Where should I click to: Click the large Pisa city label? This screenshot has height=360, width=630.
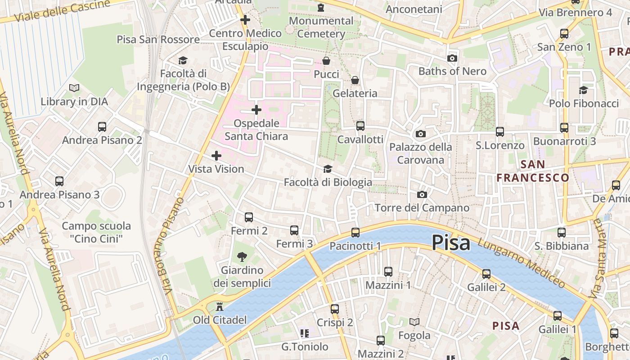click(x=451, y=243)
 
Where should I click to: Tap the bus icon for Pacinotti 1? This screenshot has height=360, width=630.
click(x=355, y=233)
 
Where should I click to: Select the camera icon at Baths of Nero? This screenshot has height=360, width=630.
click(x=452, y=58)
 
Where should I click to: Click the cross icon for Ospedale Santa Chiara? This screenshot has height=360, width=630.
click(x=256, y=110)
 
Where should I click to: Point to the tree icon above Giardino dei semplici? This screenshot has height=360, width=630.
click(x=242, y=257)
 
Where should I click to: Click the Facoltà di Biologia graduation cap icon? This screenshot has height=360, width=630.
click(x=328, y=169)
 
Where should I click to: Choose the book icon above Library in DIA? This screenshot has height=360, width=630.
click(x=74, y=88)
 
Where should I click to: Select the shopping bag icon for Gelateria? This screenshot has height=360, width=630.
click(x=355, y=80)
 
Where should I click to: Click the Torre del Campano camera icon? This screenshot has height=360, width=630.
click(x=422, y=194)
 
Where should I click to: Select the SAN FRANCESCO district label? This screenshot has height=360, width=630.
click(x=533, y=171)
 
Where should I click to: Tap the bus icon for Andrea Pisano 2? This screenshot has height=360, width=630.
click(x=102, y=127)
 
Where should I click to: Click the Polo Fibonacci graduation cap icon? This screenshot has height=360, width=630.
click(x=584, y=90)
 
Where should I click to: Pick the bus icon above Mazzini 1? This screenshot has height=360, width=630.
click(x=388, y=272)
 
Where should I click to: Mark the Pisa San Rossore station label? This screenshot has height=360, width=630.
click(x=158, y=40)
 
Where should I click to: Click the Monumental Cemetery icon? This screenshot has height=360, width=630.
click(x=320, y=8)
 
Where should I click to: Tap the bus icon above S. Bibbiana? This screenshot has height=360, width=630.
click(x=561, y=233)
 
